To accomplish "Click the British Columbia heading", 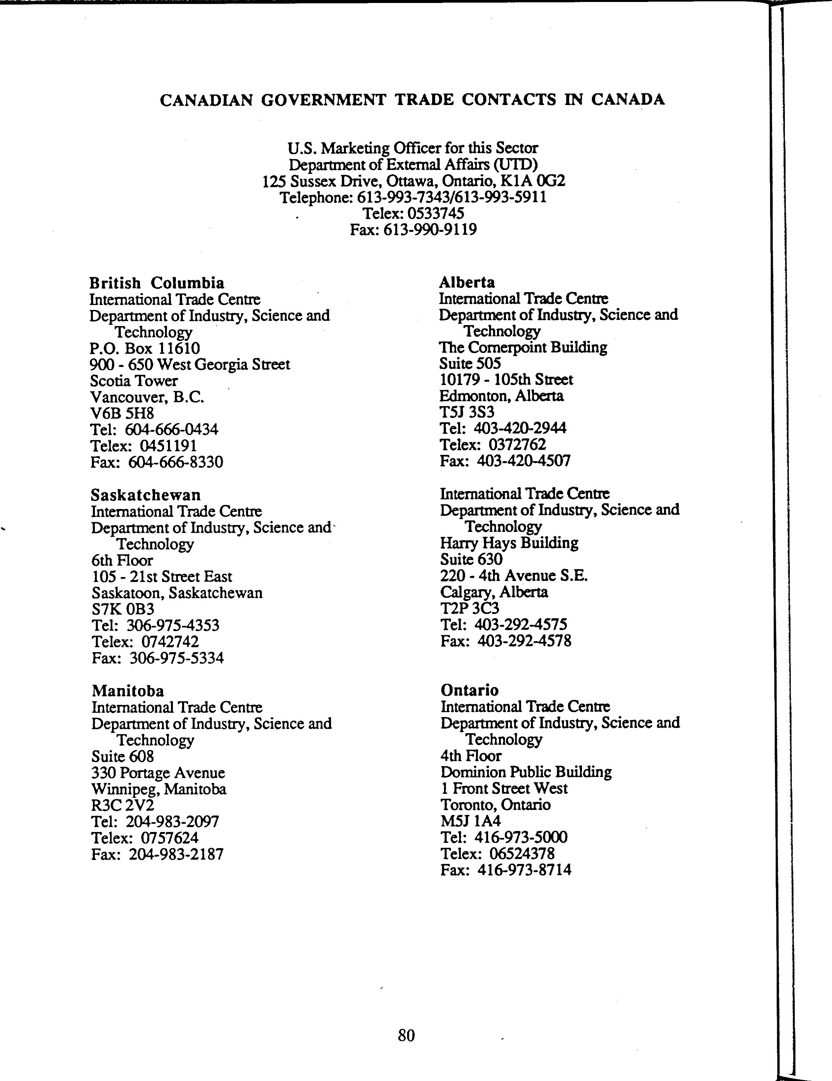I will tap(156, 283).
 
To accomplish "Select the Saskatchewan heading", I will tap(146, 495).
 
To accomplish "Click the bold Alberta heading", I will tap(467, 283).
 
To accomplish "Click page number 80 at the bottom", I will tap(406, 1035).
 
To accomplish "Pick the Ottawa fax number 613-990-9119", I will tap(430, 230).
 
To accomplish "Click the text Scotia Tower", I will tap(134, 381).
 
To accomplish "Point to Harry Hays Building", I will tap(509, 543).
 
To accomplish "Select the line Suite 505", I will tap(470, 364).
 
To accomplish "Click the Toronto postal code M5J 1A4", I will tap(470, 821).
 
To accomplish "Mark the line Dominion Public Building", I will tap(526, 772).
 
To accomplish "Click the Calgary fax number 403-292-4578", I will tap(524, 642).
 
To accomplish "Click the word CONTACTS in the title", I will tap(509, 100).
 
